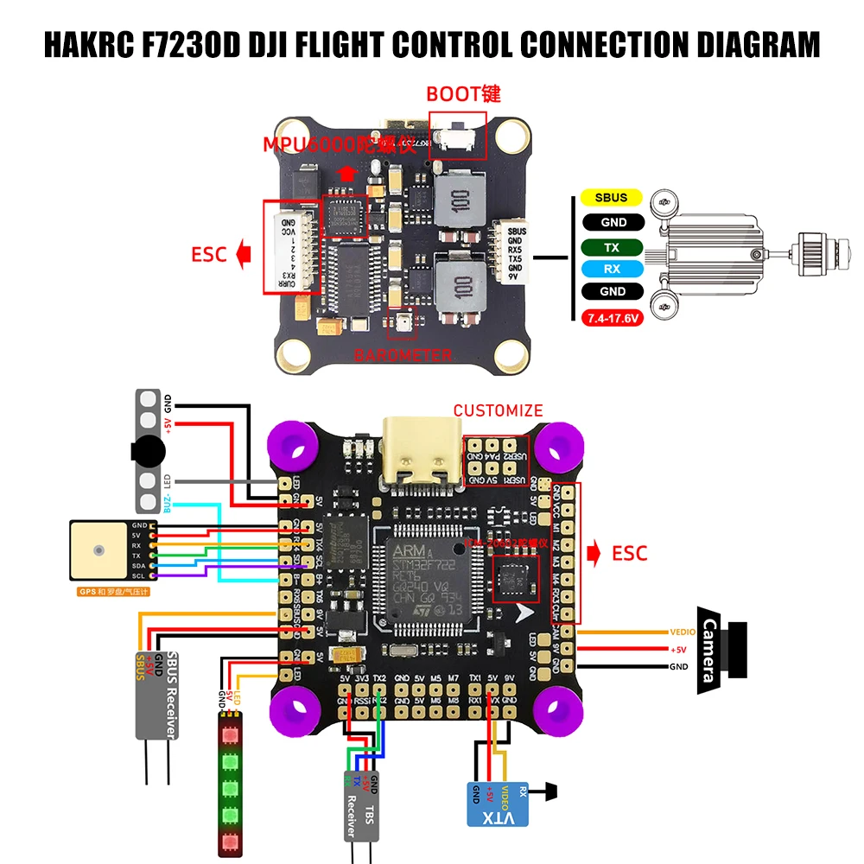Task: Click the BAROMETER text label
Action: tap(403, 355)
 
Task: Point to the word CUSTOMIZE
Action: tap(499, 410)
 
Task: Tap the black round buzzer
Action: tap(147, 450)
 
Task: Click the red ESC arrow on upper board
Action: tap(244, 255)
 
